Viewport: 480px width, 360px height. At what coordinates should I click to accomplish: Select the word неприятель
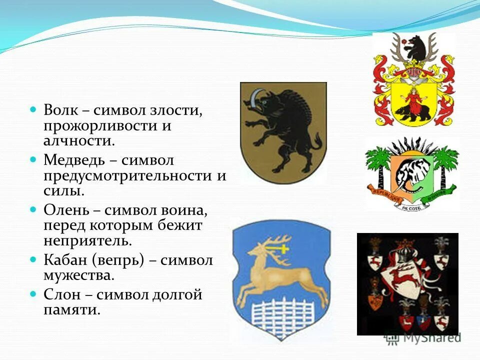[87, 240]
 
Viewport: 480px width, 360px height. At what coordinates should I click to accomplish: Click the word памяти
[72, 310]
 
